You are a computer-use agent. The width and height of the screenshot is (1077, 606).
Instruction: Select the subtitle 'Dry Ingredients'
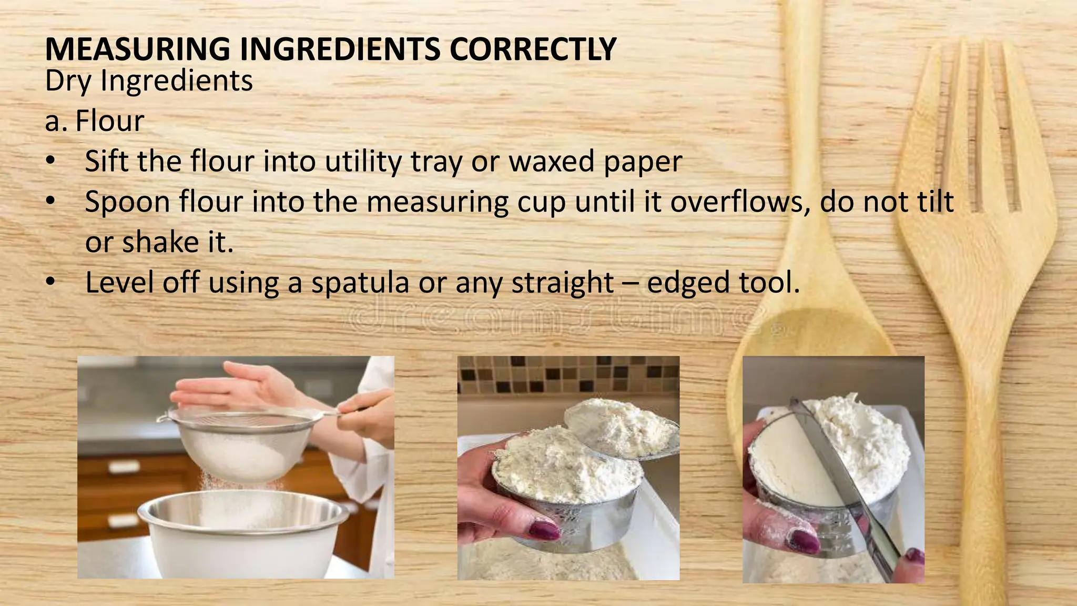tap(149, 81)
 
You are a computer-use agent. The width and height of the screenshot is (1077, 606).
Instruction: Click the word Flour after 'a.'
tap(110, 121)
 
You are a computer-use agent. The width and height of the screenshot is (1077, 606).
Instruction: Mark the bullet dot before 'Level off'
tap(50, 282)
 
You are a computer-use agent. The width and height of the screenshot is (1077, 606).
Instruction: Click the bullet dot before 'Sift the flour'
tap(50, 161)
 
